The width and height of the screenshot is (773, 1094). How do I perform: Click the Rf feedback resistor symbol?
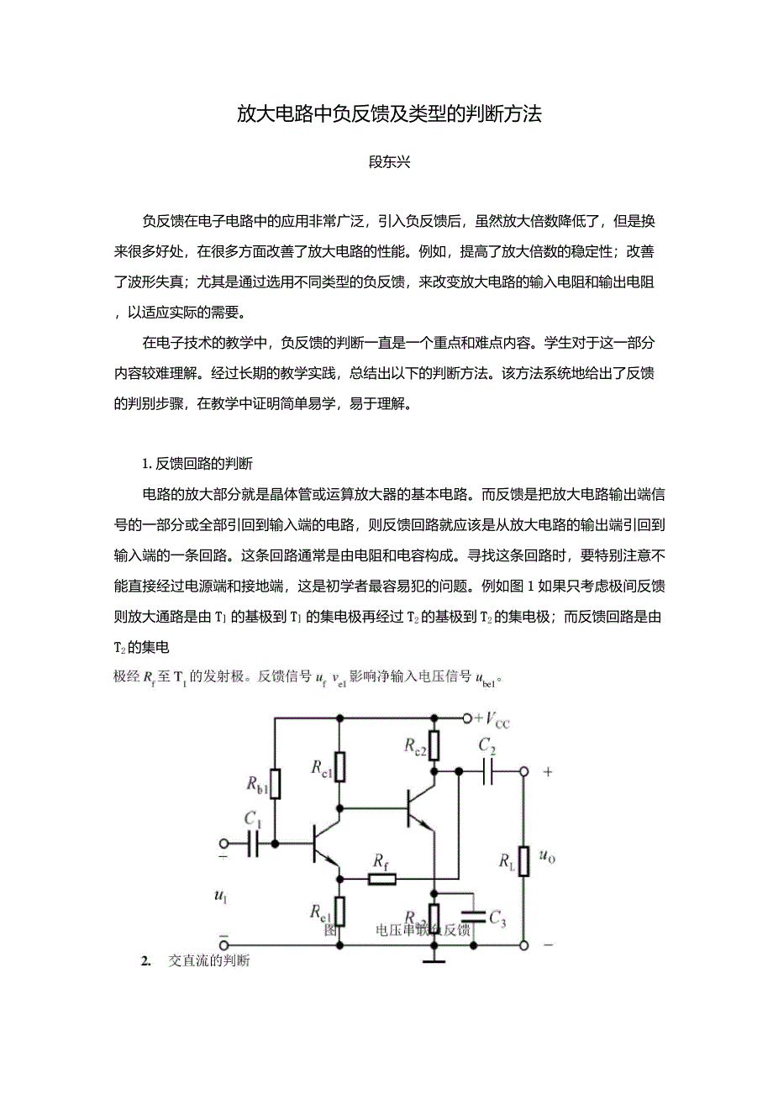pyautogui.click(x=382, y=879)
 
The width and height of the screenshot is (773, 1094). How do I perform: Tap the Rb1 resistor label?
pyautogui.click(x=256, y=784)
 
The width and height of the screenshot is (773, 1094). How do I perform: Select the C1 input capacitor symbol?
pyautogui.click(x=253, y=843)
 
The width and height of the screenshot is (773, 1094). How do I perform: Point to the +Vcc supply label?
pyautogui.click(x=492, y=719)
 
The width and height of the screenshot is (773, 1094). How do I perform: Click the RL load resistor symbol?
pyautogui.click(x=523, y=860)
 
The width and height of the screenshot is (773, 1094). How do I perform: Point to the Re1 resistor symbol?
pyautogui.click(x=340, y=911)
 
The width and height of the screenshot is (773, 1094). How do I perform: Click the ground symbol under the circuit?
pyautogui.click(x=434, y=957)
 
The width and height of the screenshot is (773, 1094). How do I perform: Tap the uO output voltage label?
pyautogui.click(x=547, y=857)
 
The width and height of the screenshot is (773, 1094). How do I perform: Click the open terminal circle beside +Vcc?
pyautogui.click(x=468, y=718)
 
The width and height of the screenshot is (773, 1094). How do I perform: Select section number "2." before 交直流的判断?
pyautogui.click(x=145, y=960)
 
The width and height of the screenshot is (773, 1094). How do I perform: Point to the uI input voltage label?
pyautogui.click(x=221, y=897)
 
